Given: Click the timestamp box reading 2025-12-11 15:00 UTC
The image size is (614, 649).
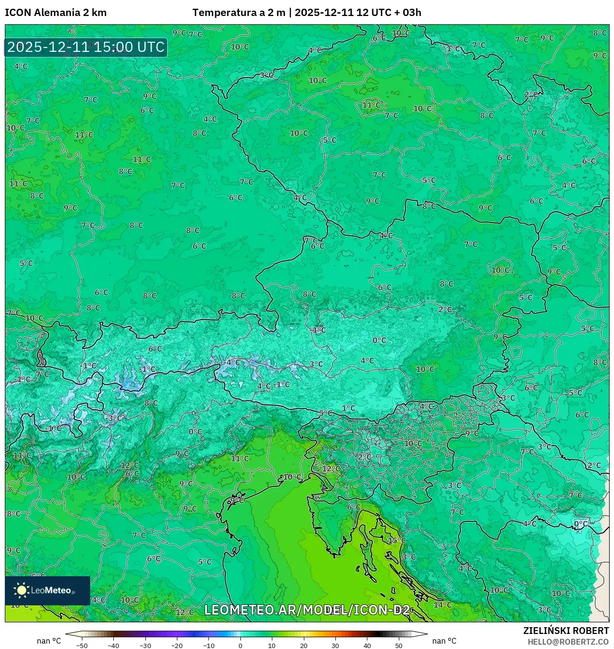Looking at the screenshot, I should (x=86, y=47).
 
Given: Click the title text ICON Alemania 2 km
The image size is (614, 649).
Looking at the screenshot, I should (x=56, y=13).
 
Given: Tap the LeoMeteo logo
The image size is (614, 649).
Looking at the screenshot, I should (x=47, y=590).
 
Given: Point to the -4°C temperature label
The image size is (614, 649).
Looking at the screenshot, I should (x=232, y=362).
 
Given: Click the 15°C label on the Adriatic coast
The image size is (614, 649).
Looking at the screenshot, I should (x=396, y=540).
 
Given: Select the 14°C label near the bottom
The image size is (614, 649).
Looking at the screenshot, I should (x=442, y=605).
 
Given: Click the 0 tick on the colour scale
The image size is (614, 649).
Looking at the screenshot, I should (x=240, y=646).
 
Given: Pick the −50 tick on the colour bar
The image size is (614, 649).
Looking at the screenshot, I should (x=82, y=646).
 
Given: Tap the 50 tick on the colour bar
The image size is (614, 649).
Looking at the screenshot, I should (x=398, y=646).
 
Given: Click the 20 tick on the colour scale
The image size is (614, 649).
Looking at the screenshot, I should (x=304, y=646).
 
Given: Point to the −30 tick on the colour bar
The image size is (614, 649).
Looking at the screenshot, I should (x=145, y=646).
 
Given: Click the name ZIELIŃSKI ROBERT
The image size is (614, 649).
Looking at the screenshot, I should (x=566, y=631).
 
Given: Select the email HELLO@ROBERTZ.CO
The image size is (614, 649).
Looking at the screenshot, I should (x=568, y=642).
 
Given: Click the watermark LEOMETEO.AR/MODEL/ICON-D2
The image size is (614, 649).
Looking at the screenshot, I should (x=307, y=610).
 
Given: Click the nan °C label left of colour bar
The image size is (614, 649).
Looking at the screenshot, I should (x=49, y=641).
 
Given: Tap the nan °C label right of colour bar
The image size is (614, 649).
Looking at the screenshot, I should (x=444, y=641).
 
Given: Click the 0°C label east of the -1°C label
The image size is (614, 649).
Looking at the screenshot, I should (x=379, y=341).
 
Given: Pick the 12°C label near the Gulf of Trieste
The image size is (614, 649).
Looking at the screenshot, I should (x=331, y=469).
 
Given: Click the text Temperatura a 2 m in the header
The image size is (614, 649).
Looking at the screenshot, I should (x=238, y=13).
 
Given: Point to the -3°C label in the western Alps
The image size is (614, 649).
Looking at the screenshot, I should (x=114, y=418).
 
